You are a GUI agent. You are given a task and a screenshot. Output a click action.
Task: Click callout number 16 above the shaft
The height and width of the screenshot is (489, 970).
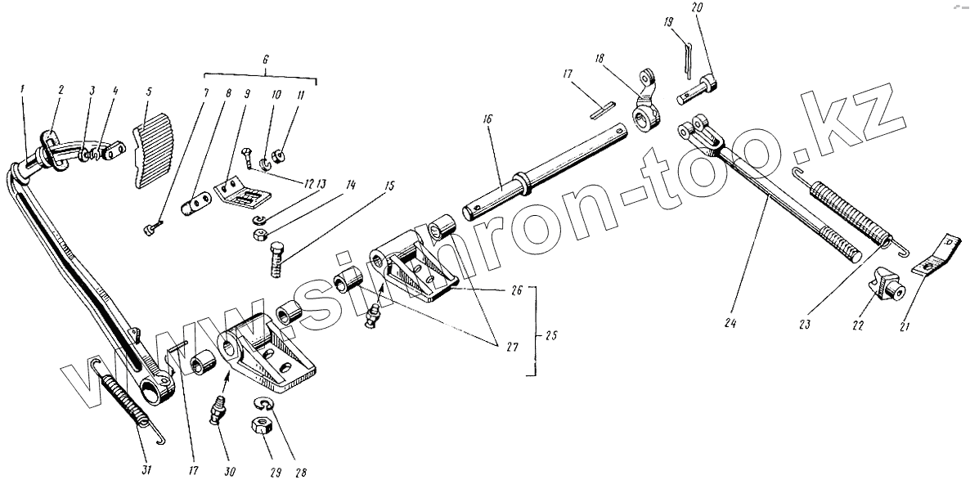tap(487, 119)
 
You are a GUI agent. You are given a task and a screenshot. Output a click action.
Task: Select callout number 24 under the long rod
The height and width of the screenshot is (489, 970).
tap(730, 323)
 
